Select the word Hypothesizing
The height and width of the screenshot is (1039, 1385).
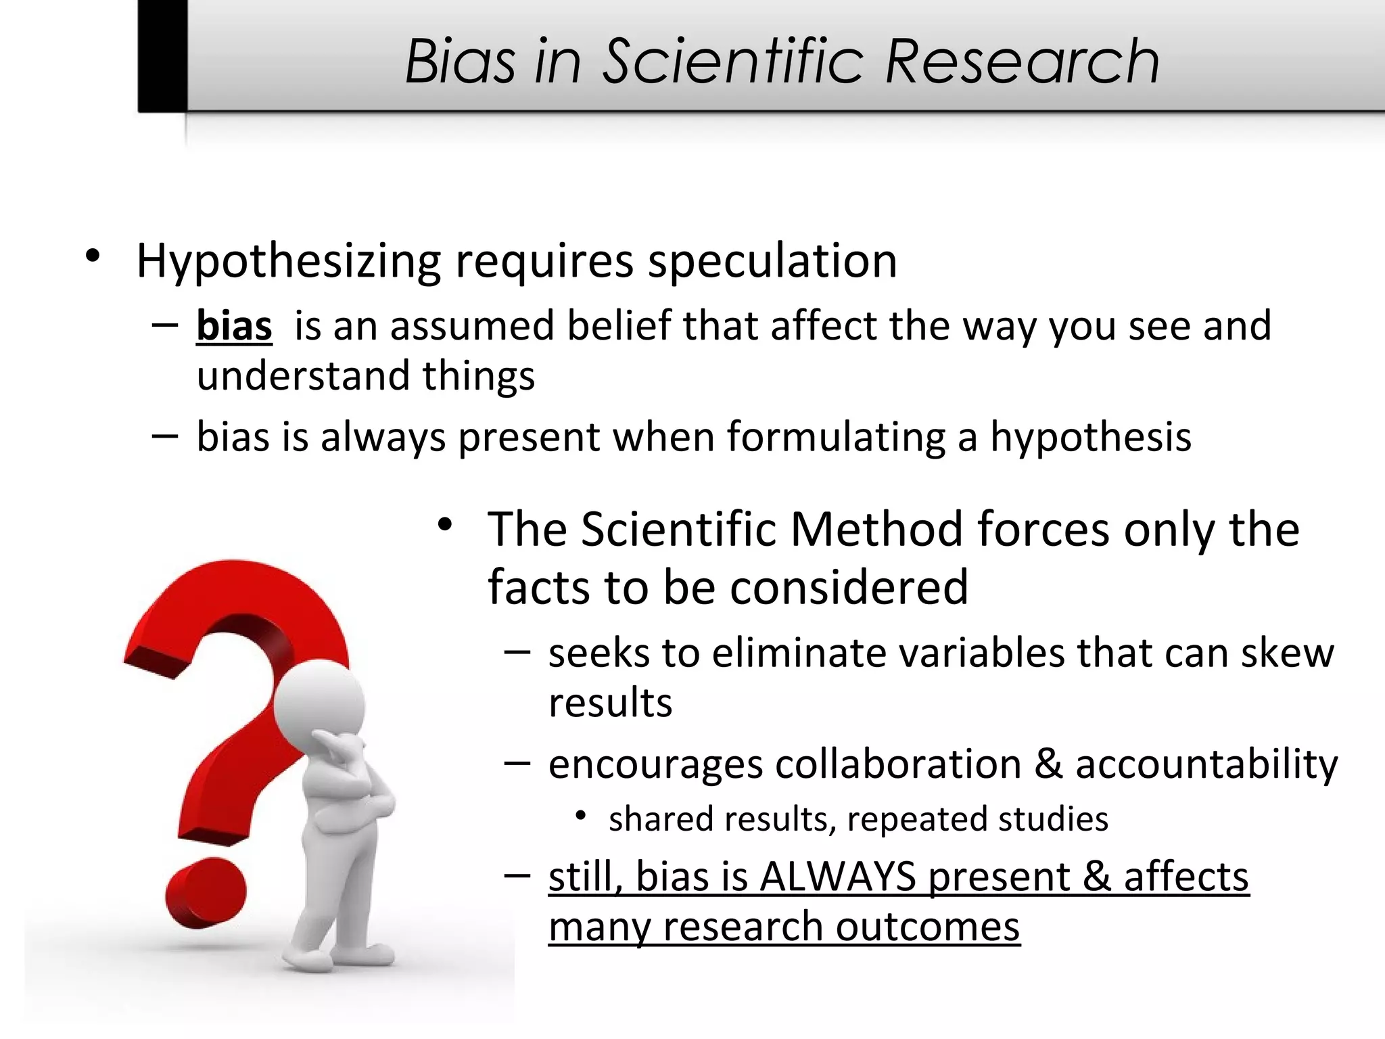pos(289,262)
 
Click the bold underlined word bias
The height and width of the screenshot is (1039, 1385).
pos(234,326)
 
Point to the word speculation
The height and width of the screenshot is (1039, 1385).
pos(772,260)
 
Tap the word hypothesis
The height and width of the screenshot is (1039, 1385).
pos(1090,438)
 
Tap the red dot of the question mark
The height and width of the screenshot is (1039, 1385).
pos(206,892)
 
